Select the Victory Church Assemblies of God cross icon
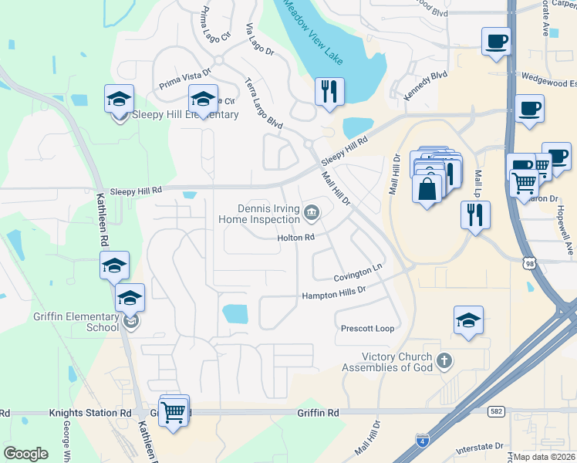click(x=444, y=360)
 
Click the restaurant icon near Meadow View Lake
click(x=329, y=91)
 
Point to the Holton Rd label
click(x=297, y=238)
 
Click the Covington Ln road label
click(x=358, y=272)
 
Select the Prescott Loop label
click(x=367, y=329)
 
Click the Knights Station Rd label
click(x=90, y=414)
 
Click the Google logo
click(x=26, y=454)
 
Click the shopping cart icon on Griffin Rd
click(x=174, y=411)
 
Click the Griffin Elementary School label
click(x=76, y=320)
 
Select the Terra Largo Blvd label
click(x=263, y=102)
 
